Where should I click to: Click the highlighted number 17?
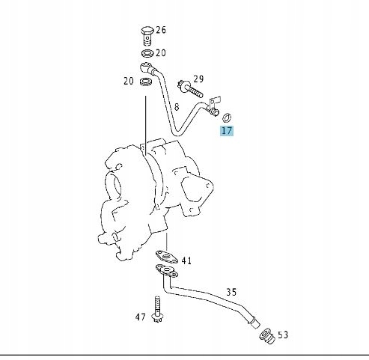pyautogui.click(x=226, y=130)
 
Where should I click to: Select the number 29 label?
pyautogui.click(x=198, y=79)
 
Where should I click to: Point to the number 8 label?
pyautogui.click(x=177, y=107)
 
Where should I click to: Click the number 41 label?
pyautogui.click(x=187, y=261)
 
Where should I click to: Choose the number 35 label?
pyautogui.click(x=231, y=292)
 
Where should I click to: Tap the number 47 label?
pyautogui.click(x=141, y=317)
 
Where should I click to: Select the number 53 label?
pyautogui.click(x=283, y=335)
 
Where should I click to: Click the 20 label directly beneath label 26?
pyautogui.click(x=161, y=54)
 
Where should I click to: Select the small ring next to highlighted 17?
pyautogui.click(x=228, y=115)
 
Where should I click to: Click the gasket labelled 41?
pyautogui.click(x=169, y=257)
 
